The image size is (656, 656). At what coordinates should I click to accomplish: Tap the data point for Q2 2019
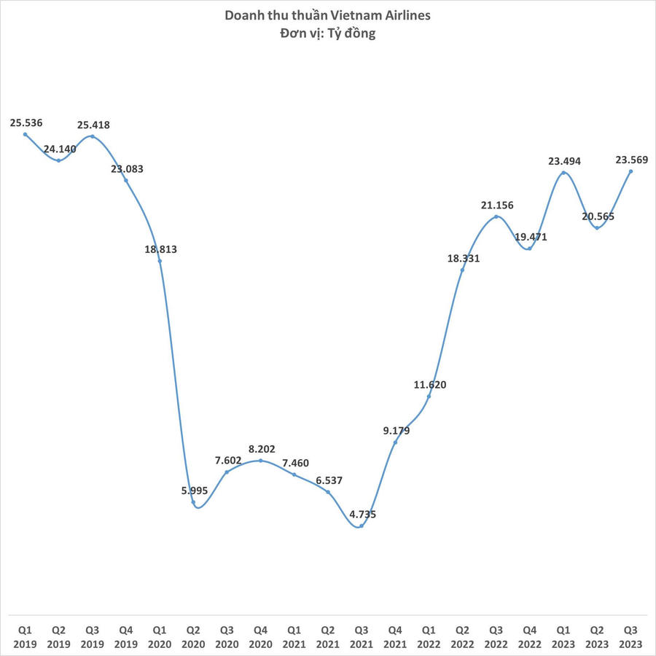59,160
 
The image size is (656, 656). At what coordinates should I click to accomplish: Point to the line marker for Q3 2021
362,526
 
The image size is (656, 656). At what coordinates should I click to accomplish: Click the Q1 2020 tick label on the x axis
160,634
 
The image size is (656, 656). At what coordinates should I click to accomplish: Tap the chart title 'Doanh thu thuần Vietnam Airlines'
328,16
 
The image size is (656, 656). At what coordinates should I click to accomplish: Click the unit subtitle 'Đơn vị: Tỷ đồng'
328,34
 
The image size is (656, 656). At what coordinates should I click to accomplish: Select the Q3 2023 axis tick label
630,634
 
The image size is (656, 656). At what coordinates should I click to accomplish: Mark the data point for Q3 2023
630,171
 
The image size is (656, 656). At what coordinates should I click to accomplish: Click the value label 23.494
564,162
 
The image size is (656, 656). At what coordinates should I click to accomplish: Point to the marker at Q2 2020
193,502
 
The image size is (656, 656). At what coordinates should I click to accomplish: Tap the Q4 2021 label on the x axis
395,634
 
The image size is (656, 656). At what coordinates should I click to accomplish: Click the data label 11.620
430,385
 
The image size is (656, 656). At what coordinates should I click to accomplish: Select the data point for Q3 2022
496,216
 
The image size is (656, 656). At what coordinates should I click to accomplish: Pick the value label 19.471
531,237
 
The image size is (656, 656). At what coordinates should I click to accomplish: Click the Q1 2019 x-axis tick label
26,634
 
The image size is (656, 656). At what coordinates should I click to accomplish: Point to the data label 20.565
598,216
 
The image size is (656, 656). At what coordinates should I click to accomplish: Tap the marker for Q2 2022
463,270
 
